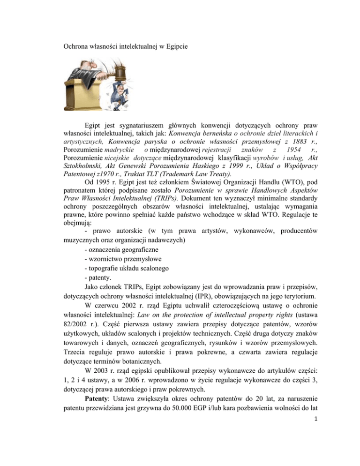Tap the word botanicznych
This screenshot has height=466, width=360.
click(148, 395)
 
